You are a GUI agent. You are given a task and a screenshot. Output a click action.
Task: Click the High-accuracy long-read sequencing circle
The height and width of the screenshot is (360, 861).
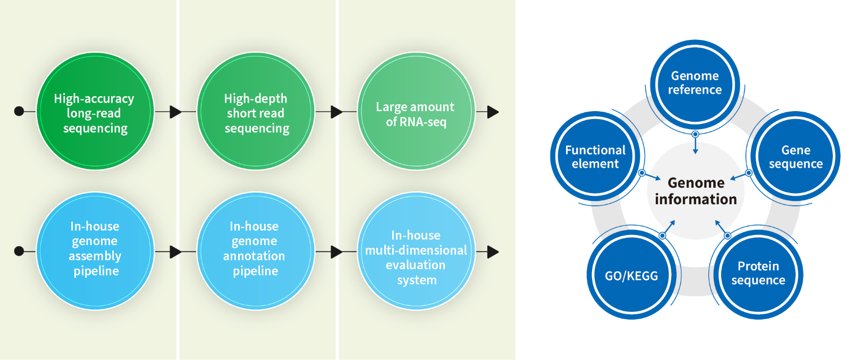(95, 112)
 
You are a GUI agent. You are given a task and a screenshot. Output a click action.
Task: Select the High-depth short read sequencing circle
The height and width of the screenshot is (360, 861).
(256, 112)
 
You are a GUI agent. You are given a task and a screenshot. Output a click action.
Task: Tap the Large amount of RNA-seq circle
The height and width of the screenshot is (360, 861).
(416, 112)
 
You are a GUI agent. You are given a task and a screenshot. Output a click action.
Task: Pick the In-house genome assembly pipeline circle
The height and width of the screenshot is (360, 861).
(95, 250)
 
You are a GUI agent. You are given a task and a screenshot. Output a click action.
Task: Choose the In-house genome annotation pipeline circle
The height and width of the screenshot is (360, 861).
(256, 250)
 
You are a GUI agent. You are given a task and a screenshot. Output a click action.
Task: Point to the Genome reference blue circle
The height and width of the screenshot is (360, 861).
(695, 83)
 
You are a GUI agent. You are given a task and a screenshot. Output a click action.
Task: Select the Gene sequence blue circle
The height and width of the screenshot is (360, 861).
(795, 157)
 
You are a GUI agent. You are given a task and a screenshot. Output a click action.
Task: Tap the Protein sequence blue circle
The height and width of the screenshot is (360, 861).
(758, 273)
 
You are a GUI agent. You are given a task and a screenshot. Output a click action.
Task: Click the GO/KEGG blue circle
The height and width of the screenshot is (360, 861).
(631, 275)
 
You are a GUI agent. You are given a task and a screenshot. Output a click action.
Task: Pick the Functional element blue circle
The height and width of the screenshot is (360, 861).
(595, 157)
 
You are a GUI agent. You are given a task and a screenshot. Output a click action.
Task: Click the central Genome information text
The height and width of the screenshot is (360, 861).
(696, 191)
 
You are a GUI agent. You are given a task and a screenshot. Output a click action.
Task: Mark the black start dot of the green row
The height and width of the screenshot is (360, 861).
(19, 111)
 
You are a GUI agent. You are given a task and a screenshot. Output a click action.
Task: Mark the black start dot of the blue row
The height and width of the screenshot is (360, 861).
(19, 251)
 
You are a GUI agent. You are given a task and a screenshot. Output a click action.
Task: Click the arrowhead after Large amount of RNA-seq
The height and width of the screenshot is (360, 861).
(493, 112)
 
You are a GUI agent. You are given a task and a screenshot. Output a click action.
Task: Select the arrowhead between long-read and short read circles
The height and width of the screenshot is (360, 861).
(175, 112)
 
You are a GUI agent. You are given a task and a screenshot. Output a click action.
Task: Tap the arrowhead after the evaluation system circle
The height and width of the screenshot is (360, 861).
(493, 252)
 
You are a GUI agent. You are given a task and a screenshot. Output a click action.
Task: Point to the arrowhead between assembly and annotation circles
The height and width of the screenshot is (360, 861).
(175, 252)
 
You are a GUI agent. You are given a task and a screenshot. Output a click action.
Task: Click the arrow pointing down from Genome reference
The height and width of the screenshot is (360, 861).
(695, 144)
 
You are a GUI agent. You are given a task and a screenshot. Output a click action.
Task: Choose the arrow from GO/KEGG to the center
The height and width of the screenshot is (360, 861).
(669, 227)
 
